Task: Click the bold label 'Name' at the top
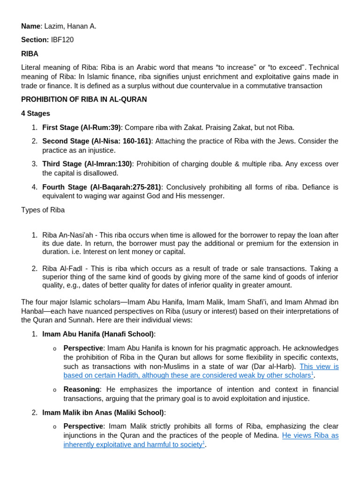coord(30,26)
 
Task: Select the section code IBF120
coord(62,40)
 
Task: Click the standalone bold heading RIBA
coord(30,54)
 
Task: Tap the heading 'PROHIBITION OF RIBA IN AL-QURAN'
coord(84,99)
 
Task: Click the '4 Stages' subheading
coord(36,113)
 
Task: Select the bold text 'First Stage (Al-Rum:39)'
coord(81,127)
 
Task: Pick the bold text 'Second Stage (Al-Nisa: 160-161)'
coord(97,141)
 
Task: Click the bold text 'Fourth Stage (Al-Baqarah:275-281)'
coord(102,187)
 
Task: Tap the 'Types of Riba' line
coord(43,210)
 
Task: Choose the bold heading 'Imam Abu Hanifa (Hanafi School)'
coord(98,334)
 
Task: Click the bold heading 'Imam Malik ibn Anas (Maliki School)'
coord(103,412)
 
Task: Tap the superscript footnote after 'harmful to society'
coord(203,442)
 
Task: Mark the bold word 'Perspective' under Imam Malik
coord(83,426)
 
